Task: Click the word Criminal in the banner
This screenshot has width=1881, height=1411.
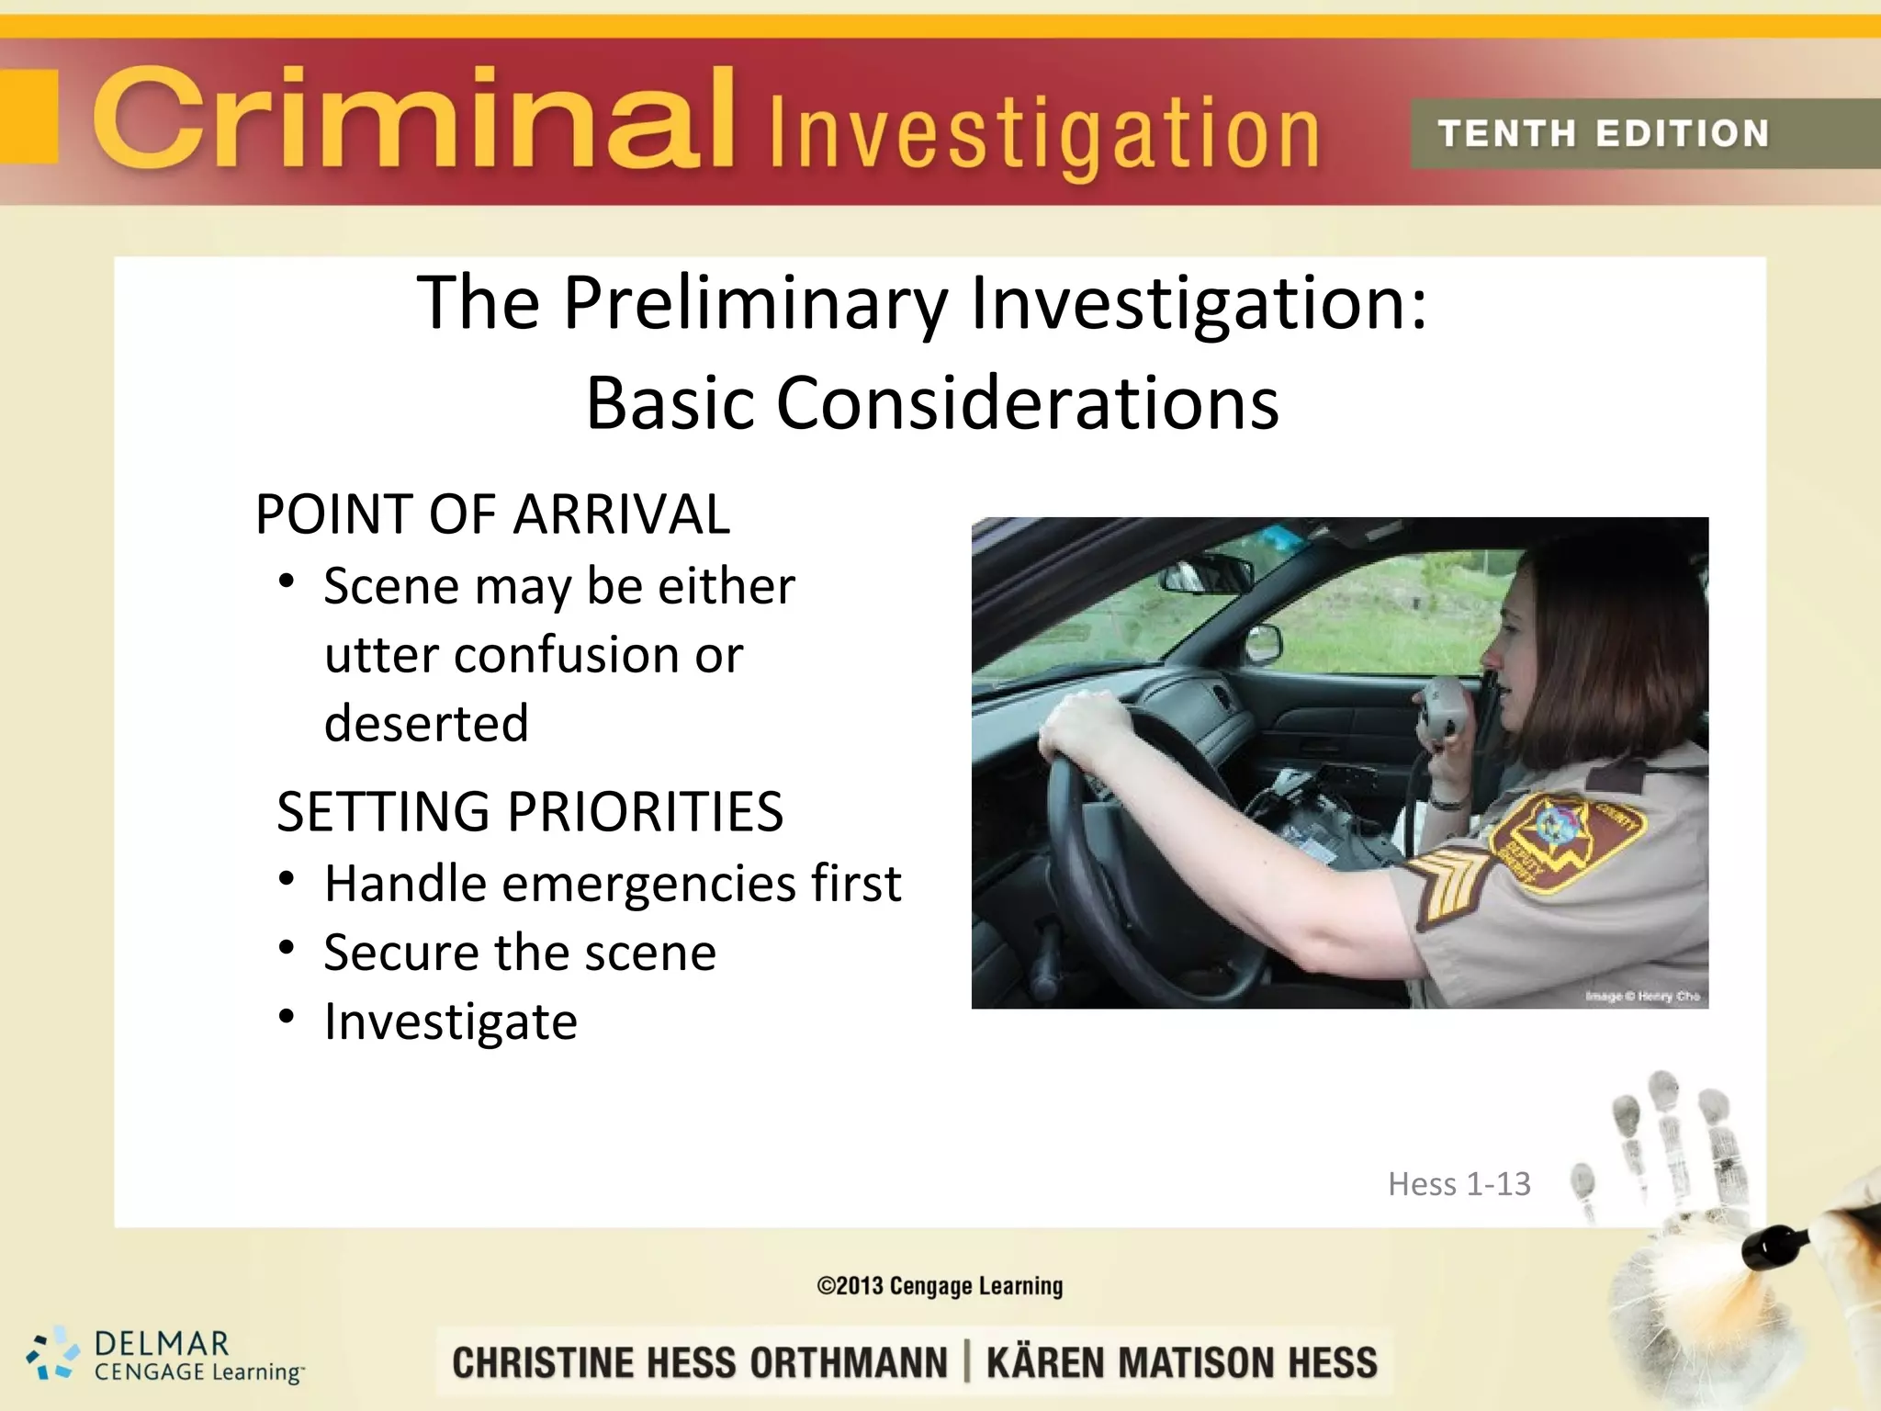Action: tap(413, 119)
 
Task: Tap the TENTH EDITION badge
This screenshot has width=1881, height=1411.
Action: tap(1603, 134)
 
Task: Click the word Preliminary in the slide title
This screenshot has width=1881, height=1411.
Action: tap(755, 303)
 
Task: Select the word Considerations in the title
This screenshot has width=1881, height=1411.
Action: tap(1027, 403)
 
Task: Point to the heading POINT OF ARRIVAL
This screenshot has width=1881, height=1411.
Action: tap(492, 514)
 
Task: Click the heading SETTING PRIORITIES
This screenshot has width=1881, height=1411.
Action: tap(530, 812)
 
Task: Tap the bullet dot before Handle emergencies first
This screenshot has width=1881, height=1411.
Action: tap(287, 879)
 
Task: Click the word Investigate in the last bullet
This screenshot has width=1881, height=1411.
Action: tap(451, 1022)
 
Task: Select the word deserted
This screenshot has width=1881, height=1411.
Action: tap(427, 723)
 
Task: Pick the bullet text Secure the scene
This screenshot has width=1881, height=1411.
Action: tap(520, 953)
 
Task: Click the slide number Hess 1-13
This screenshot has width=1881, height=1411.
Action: tap(1459, 1184)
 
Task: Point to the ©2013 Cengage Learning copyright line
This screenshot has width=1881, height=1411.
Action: tap(940, 1286)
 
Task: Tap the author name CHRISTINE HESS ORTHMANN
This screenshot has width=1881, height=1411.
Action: tap(700, 1362)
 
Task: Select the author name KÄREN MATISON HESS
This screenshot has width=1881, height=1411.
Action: tap(1182, 1362)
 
